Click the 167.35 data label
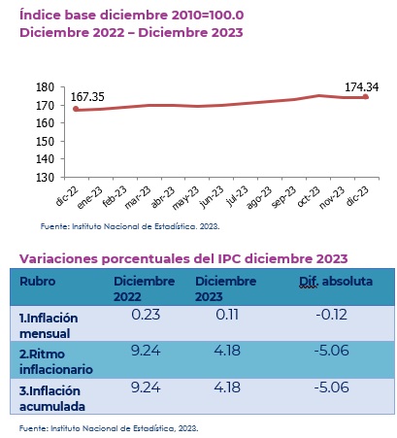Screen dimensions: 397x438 tap(87, 97)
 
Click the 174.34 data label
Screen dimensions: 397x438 tap(361, 87)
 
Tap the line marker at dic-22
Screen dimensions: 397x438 tap(76, 109)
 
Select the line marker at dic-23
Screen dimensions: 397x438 tap(366, 97)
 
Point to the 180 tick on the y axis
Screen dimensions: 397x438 tap(45, 87)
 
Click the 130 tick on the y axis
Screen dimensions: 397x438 tap(45, 178)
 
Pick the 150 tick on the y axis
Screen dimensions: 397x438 tap(45, 142)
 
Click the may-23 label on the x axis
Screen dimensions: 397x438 tap(185, 198)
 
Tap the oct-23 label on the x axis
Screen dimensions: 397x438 tap(309, 196)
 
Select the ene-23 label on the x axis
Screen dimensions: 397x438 tap(89, 197)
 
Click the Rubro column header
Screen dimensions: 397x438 tap(38, 281)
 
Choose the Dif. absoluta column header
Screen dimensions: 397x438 tap(336, 282)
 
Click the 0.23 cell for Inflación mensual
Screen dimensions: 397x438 tap(146, 315)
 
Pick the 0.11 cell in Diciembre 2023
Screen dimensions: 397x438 tap(227, 315)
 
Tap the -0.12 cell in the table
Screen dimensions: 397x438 tap(332, 315)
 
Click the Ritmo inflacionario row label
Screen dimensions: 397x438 tap(56, 361)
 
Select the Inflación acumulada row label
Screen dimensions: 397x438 tap(52, 398)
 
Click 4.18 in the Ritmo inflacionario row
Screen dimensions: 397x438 tap(227, 351)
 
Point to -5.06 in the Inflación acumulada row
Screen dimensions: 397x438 tap(332, 387)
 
